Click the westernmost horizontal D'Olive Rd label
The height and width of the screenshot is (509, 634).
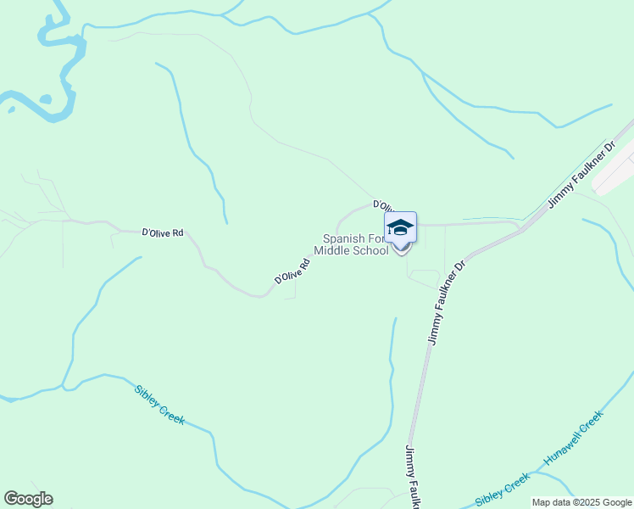coord(163,232)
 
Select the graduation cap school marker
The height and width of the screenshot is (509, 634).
coord(400,229)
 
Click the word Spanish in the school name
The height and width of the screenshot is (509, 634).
coord(342,239)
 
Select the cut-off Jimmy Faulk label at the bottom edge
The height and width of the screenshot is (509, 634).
coord(414,476)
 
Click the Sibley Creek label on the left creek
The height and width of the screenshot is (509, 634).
coord(159,405)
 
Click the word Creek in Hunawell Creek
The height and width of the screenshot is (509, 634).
coord(592,420)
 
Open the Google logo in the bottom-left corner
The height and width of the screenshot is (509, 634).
coord(28,499)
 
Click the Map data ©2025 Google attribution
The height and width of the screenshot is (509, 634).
coord(582,502)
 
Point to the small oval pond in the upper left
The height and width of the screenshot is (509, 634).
coord(45,99)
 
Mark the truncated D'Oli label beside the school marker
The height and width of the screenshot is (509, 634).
coord(383,206)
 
